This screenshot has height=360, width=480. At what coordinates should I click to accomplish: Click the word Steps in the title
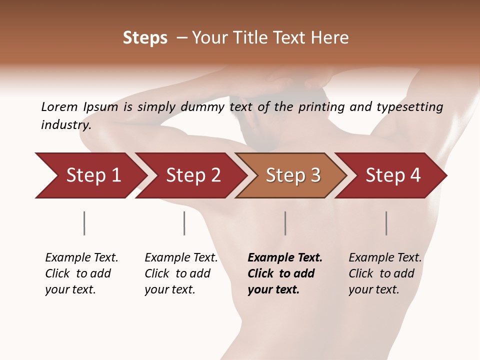145,38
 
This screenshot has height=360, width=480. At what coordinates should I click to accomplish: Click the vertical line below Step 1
84,223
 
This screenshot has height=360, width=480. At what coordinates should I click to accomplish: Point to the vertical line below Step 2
184,223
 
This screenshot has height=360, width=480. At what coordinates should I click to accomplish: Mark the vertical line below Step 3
285,223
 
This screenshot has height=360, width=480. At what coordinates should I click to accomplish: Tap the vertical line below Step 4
386,223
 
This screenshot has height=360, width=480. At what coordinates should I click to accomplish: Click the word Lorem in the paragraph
59,107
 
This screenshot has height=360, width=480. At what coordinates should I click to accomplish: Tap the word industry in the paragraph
65,124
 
